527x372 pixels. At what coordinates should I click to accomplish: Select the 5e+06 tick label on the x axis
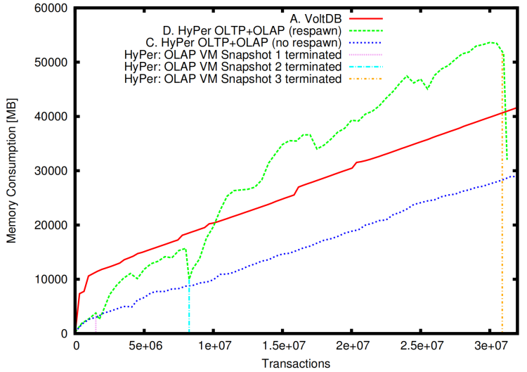pos(145,346)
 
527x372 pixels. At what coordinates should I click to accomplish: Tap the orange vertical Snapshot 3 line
pos(502,211)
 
